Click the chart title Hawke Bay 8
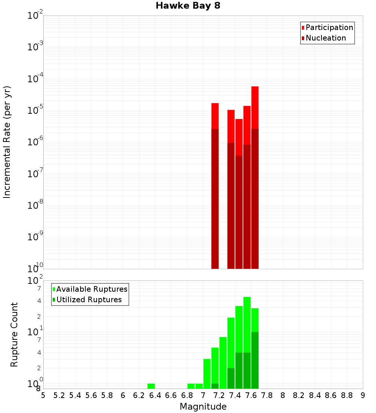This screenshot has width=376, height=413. pos(188,6)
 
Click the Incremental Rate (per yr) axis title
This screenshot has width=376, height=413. pos(7,142)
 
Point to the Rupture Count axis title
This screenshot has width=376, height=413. pos(14,335)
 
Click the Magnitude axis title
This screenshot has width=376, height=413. pos(203,407)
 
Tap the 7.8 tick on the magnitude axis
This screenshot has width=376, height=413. pos(267,395)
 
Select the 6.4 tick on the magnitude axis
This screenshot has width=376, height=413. pos(155,395)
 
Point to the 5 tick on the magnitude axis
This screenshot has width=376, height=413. pos(43,395)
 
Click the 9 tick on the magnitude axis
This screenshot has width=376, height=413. pos(363,395)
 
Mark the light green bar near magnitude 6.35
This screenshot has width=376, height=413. pos(151,386)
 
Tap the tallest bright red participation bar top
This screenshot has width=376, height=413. pos(255,107)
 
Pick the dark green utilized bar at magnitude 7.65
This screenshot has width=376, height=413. pos(255,360)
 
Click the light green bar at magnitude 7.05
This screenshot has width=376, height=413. pos(207,374)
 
